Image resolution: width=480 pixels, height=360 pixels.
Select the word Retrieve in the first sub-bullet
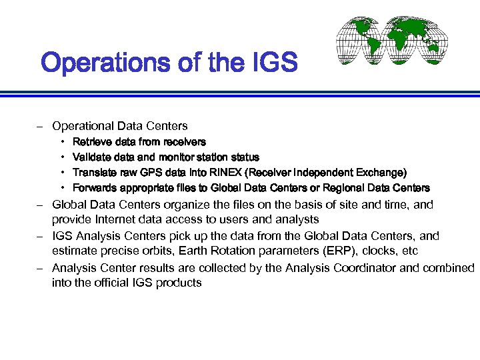click(x=91, y=142)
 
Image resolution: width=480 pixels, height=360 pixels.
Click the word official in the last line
click(x=107, y=283)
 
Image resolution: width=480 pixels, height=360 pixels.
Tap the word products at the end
click(x=177, y=283)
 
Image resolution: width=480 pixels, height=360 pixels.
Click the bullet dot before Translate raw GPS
click(x=62, y=173)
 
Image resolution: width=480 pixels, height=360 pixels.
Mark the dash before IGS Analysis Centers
click(x=41, y=236)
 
